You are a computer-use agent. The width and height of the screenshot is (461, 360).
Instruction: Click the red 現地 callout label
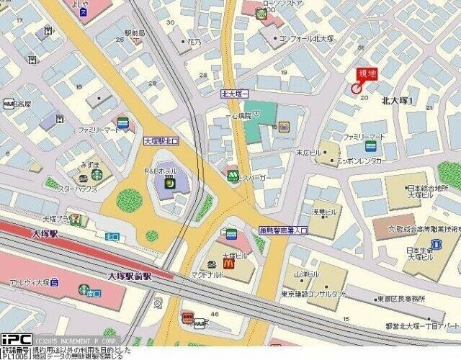367,73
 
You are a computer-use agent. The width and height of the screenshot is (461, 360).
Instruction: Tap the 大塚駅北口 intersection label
161,141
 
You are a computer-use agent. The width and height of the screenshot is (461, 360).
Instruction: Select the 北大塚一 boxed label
234,94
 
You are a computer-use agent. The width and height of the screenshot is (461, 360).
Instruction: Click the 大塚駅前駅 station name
130,276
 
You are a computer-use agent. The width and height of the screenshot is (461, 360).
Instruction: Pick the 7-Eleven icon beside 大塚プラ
74,219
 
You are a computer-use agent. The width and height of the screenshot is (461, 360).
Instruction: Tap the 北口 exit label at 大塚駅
112,235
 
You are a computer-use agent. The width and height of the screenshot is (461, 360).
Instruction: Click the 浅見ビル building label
323,213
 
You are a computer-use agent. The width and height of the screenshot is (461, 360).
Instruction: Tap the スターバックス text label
77,189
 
